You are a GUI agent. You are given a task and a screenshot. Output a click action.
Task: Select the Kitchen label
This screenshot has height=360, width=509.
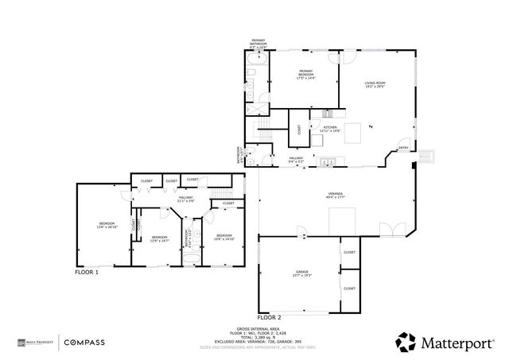pos(330,130)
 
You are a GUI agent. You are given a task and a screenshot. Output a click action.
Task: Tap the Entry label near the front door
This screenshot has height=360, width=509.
pos(403,148)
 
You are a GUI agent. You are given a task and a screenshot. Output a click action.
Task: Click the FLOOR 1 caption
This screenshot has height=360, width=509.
pos(87,272)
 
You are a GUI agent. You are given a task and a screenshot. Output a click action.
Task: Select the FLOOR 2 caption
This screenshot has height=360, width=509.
pos(270,316)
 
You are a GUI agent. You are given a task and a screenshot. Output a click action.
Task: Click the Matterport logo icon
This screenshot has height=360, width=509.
pos(406,343)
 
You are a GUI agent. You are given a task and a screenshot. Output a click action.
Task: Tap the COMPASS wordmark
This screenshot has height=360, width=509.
pos(85,343)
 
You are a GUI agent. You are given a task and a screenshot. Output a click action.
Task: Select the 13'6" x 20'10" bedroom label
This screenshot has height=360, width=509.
pos(107,225)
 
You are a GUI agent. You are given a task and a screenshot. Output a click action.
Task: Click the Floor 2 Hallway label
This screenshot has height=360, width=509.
pos(296,159)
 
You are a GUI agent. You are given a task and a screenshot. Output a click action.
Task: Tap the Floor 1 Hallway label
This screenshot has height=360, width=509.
pos(186,199)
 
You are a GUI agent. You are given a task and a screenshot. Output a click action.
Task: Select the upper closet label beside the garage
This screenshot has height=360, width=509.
pos(349,252)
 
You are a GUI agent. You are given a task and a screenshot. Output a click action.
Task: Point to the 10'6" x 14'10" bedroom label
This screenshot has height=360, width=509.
pos(224,236)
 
